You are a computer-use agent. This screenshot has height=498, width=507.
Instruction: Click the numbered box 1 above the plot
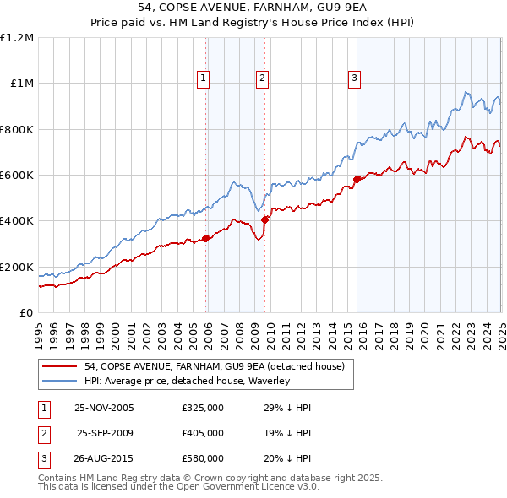[204, 78]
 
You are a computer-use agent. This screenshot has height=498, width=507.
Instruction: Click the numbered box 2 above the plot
[263, 78]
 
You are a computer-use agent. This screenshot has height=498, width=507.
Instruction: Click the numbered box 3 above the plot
[354, 78]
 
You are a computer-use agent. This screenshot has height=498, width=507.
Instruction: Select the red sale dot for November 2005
[206, 238]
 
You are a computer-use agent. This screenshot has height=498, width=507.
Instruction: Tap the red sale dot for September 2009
[264, 219]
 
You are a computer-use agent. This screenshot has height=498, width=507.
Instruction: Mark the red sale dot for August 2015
[357, 179]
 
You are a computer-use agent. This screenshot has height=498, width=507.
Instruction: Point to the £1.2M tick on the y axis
[17, 38]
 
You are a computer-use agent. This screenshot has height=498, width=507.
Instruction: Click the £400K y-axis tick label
[17, 221]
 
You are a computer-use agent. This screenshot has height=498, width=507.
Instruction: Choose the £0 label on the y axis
[27, 313]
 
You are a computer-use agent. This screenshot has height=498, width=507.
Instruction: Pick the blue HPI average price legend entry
[187, 382]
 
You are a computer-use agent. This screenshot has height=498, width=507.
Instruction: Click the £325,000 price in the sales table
[203, 408]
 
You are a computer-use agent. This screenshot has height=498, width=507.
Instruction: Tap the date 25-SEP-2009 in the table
[106, 433]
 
